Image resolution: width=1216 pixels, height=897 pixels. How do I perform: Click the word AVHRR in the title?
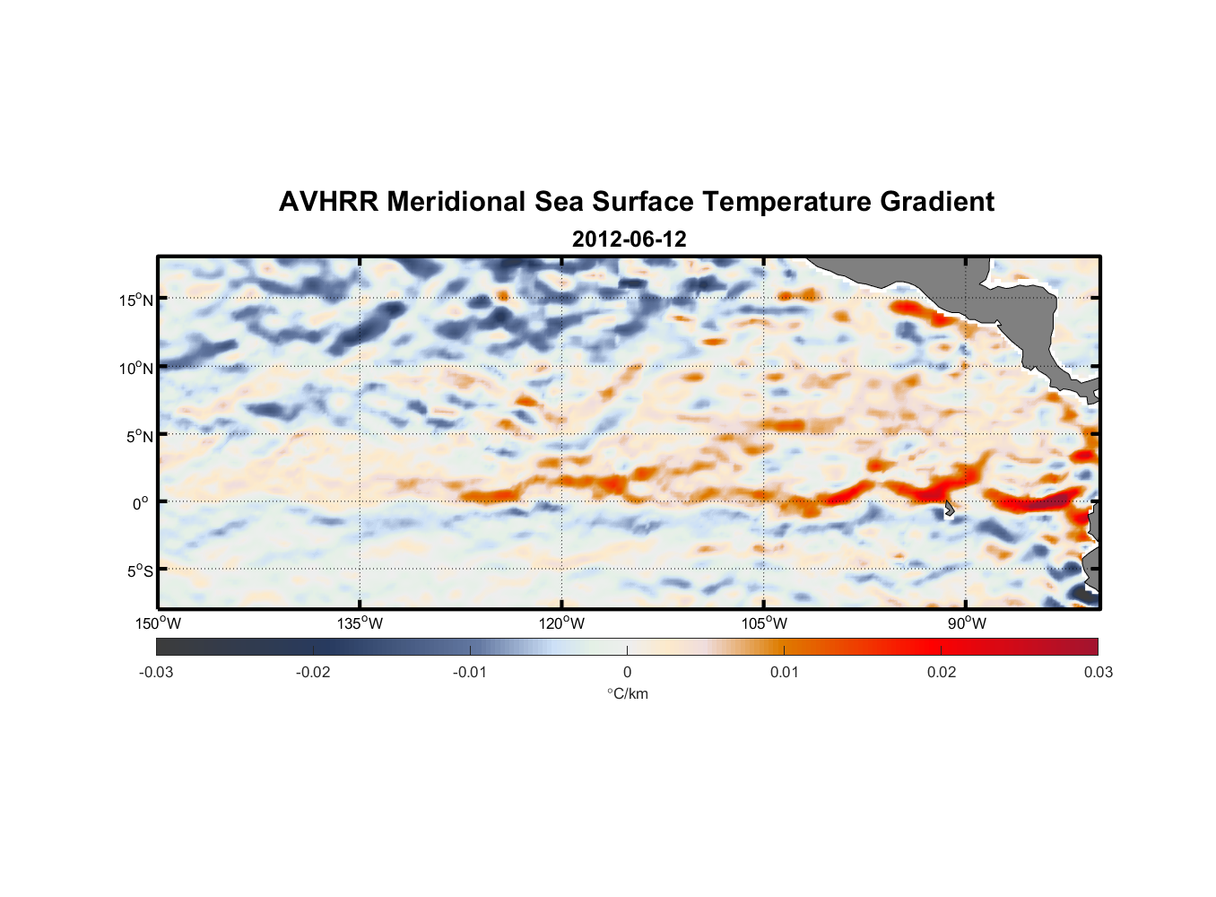click(328, 202)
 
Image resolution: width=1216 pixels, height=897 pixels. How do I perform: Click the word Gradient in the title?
click(936, 202)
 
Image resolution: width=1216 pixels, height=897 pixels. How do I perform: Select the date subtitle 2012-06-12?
click(629, 239)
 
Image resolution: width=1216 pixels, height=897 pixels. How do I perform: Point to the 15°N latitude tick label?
click(136, 300)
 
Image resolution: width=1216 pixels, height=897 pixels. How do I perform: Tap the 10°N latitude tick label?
click(136, 369)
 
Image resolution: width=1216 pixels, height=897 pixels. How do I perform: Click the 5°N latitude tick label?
click(139, 437)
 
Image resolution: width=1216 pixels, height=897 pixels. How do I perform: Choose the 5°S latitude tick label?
click(139, 571)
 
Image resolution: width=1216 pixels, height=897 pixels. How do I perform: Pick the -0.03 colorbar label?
click(156, 673)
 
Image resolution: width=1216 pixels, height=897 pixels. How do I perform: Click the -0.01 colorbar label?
click(470, 673)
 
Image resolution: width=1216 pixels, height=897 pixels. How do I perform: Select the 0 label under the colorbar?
click(627, 673)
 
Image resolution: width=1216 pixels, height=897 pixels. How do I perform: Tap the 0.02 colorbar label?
click(942, 673)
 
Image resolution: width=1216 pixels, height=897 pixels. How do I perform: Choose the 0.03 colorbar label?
click(1098, 673)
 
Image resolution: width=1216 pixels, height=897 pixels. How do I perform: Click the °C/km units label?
click(628, 694)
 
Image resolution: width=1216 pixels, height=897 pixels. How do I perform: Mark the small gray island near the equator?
click(949, 509)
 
